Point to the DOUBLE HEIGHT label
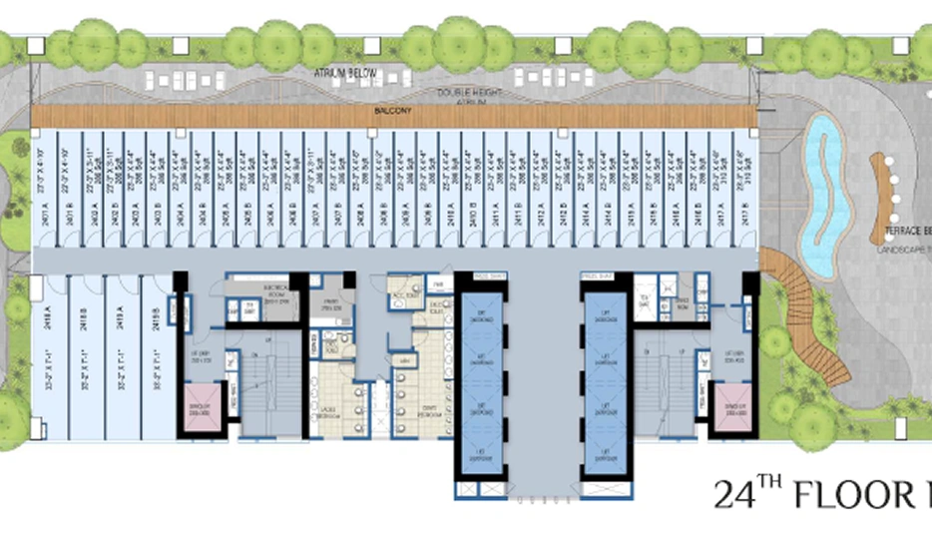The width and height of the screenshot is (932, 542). [x=469, y=92]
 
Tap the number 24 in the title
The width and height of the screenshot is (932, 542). [x=736, y=494]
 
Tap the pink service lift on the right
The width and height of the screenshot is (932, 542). [x=731, y=408]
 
